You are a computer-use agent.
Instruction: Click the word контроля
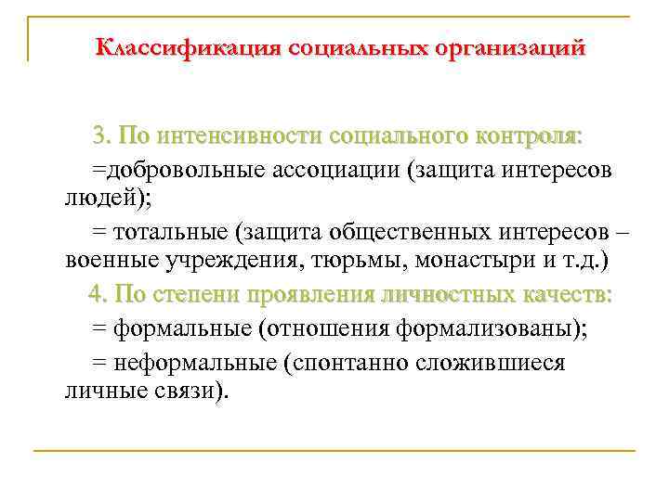[526, 137]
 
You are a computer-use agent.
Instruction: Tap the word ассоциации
[345, 169]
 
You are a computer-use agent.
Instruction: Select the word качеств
[566, 295]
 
